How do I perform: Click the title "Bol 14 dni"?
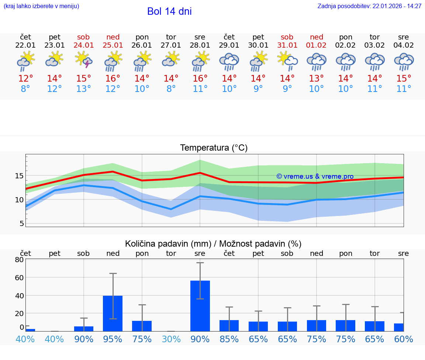tap(169, 11)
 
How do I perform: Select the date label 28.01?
tap(200, 45)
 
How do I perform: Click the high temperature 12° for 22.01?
tap(26, 79)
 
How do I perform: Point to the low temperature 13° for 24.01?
tap(84, 89)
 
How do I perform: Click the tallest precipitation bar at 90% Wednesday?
tap(200, 306)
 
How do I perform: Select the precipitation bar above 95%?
tap(113, 313)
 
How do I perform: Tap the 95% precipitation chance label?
tap(113, 339)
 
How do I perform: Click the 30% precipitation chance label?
tap(171, 339)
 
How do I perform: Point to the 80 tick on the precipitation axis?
tap(19, 260)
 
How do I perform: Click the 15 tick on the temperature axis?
tap(19, 176)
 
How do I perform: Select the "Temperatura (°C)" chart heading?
tap(214, 148)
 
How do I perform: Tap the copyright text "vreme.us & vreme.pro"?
tap(315, 176)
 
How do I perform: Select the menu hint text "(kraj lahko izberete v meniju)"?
tap(41, 6)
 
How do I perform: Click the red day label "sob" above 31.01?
tap(287, 37)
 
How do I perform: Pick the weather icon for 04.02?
tap(404, 61)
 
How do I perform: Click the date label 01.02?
tap(317, 45)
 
